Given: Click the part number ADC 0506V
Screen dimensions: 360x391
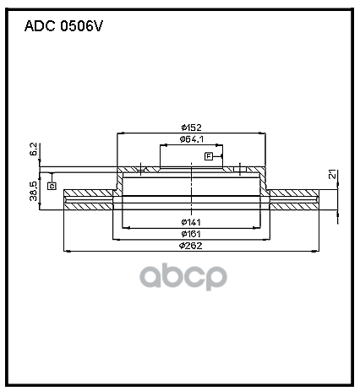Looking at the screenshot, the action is (63, 26).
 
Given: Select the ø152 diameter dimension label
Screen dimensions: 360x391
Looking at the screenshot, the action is (192, 128).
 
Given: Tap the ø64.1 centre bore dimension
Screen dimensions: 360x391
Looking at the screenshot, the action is (192, 139).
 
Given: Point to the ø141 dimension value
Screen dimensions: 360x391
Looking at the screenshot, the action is (191, 222).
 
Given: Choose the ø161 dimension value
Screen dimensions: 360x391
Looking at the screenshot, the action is (191, 234).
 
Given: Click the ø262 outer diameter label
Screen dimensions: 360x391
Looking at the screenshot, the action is (191, 246).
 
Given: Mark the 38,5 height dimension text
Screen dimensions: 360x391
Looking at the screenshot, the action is (34, 191).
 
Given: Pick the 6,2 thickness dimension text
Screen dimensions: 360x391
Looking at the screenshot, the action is (34, 149).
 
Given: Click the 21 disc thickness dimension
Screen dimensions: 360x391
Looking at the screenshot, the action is (333, 174).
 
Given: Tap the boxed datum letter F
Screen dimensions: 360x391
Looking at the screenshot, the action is (209, 156).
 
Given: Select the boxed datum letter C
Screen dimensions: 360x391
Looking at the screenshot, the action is (52, 186).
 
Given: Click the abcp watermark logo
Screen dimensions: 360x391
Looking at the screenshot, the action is (183, 277).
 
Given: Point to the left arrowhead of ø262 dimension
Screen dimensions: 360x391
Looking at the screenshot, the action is (67, 251).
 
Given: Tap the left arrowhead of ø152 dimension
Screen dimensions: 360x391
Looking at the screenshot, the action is (121, 133).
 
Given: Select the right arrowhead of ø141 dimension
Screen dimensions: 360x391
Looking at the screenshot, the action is (257, 228).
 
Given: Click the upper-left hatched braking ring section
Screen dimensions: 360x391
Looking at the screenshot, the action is (89, 193).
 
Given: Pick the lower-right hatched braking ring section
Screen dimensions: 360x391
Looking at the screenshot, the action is (295, 206).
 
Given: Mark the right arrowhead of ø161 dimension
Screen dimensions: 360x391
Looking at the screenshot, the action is (266, 240).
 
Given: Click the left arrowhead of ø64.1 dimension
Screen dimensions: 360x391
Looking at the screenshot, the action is (163, 145).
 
